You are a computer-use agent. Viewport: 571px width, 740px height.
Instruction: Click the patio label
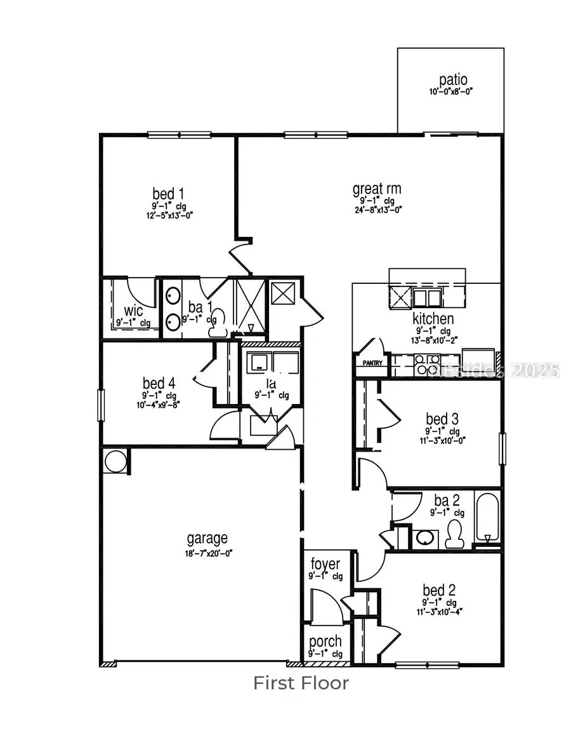click(453, 80)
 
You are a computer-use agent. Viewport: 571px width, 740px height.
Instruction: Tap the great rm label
click(377, 189)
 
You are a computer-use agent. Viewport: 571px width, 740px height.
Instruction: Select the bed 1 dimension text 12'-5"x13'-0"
click(168, 215)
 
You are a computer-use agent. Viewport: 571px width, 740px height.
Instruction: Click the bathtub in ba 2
click(487, 518)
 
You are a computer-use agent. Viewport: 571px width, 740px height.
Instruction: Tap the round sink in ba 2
click(425, 538)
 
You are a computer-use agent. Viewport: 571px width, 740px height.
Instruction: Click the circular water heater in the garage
click(115, 461)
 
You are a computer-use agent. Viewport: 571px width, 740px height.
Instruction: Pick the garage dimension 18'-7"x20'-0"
click(207, 553)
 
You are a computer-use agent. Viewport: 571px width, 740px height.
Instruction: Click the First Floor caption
click(301, 683)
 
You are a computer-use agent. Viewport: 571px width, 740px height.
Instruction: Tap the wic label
click(133, 311)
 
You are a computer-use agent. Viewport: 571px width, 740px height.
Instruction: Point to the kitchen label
click(433, 319)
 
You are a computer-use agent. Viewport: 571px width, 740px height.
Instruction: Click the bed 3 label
click(442, 419)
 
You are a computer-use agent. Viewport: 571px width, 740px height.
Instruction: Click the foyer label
click(325, 564)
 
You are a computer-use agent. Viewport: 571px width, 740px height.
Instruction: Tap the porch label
click(325, 642)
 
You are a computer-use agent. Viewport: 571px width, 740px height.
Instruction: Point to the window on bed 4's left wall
click(100, 405)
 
